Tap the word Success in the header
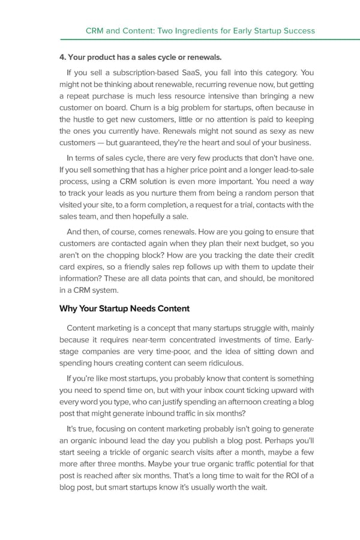(x=297, y=30)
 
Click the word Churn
(x=151, y=109)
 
